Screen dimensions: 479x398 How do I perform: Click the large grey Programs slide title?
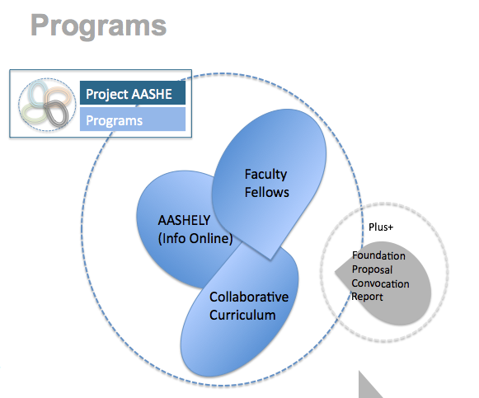tap(98, 26)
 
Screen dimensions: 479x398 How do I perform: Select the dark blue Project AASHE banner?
tap(133, 93)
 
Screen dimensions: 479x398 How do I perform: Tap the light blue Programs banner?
tap(133, 119)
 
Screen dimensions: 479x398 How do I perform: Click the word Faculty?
tap(265, 175)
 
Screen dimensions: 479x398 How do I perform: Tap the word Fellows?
tap(266, 192)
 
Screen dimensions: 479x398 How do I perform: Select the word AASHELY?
tap(184, 220)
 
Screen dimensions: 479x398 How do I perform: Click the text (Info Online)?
tap(195, 238)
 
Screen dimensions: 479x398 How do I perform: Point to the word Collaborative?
tap(249, 297)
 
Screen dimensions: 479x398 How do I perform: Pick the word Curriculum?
tap(242, 315)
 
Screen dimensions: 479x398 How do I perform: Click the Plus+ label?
tap(381, 227)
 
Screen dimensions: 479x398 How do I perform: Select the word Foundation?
tap(378, 255)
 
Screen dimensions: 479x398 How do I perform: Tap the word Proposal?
tap(372, 269)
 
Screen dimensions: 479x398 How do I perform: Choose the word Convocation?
tap(380, 283)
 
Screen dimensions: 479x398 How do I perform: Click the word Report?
tap(367, 297)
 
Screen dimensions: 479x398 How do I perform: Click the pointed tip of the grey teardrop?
tap(336, 271)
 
